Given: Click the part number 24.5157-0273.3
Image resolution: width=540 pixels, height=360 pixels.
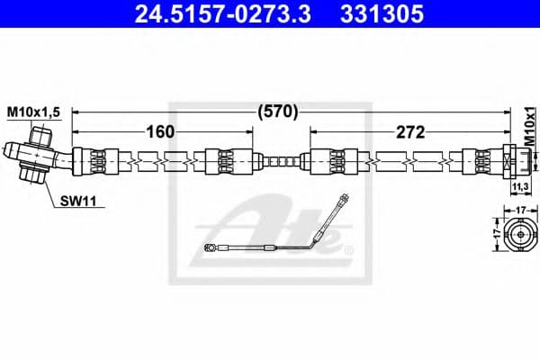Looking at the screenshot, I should pyautogui.click(x=215, y=15).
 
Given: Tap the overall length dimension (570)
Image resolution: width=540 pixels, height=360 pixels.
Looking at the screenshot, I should pyautogui.click(x=277, y=112).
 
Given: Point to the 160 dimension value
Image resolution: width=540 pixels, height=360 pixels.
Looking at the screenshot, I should pyautogui.click(x=161, y=133).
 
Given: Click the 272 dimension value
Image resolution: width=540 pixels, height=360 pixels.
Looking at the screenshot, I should pyautogui.click(x=409, y=133).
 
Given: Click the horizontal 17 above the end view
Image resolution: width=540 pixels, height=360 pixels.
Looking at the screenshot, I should pyautogui.click(x=519, y=210).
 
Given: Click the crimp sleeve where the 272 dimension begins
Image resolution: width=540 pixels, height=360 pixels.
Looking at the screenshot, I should pyautogui.click(x=325, y=163).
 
